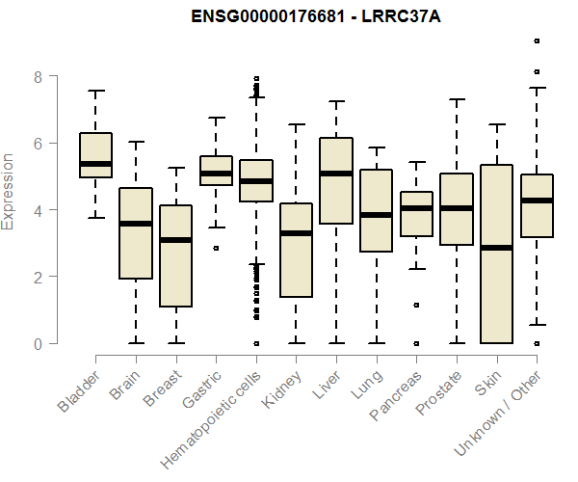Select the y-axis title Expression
[x=10, y=191]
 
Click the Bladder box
[x=95, y=154]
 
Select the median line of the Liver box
[x=336, y=174]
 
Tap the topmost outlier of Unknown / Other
[x=537, y=40]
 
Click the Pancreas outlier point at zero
[x=416, y=343]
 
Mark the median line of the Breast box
[x=175, y=240]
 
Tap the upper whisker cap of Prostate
[x=457, y=99]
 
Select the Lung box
[x=376, y=210]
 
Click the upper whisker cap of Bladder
[x=95, y=91]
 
